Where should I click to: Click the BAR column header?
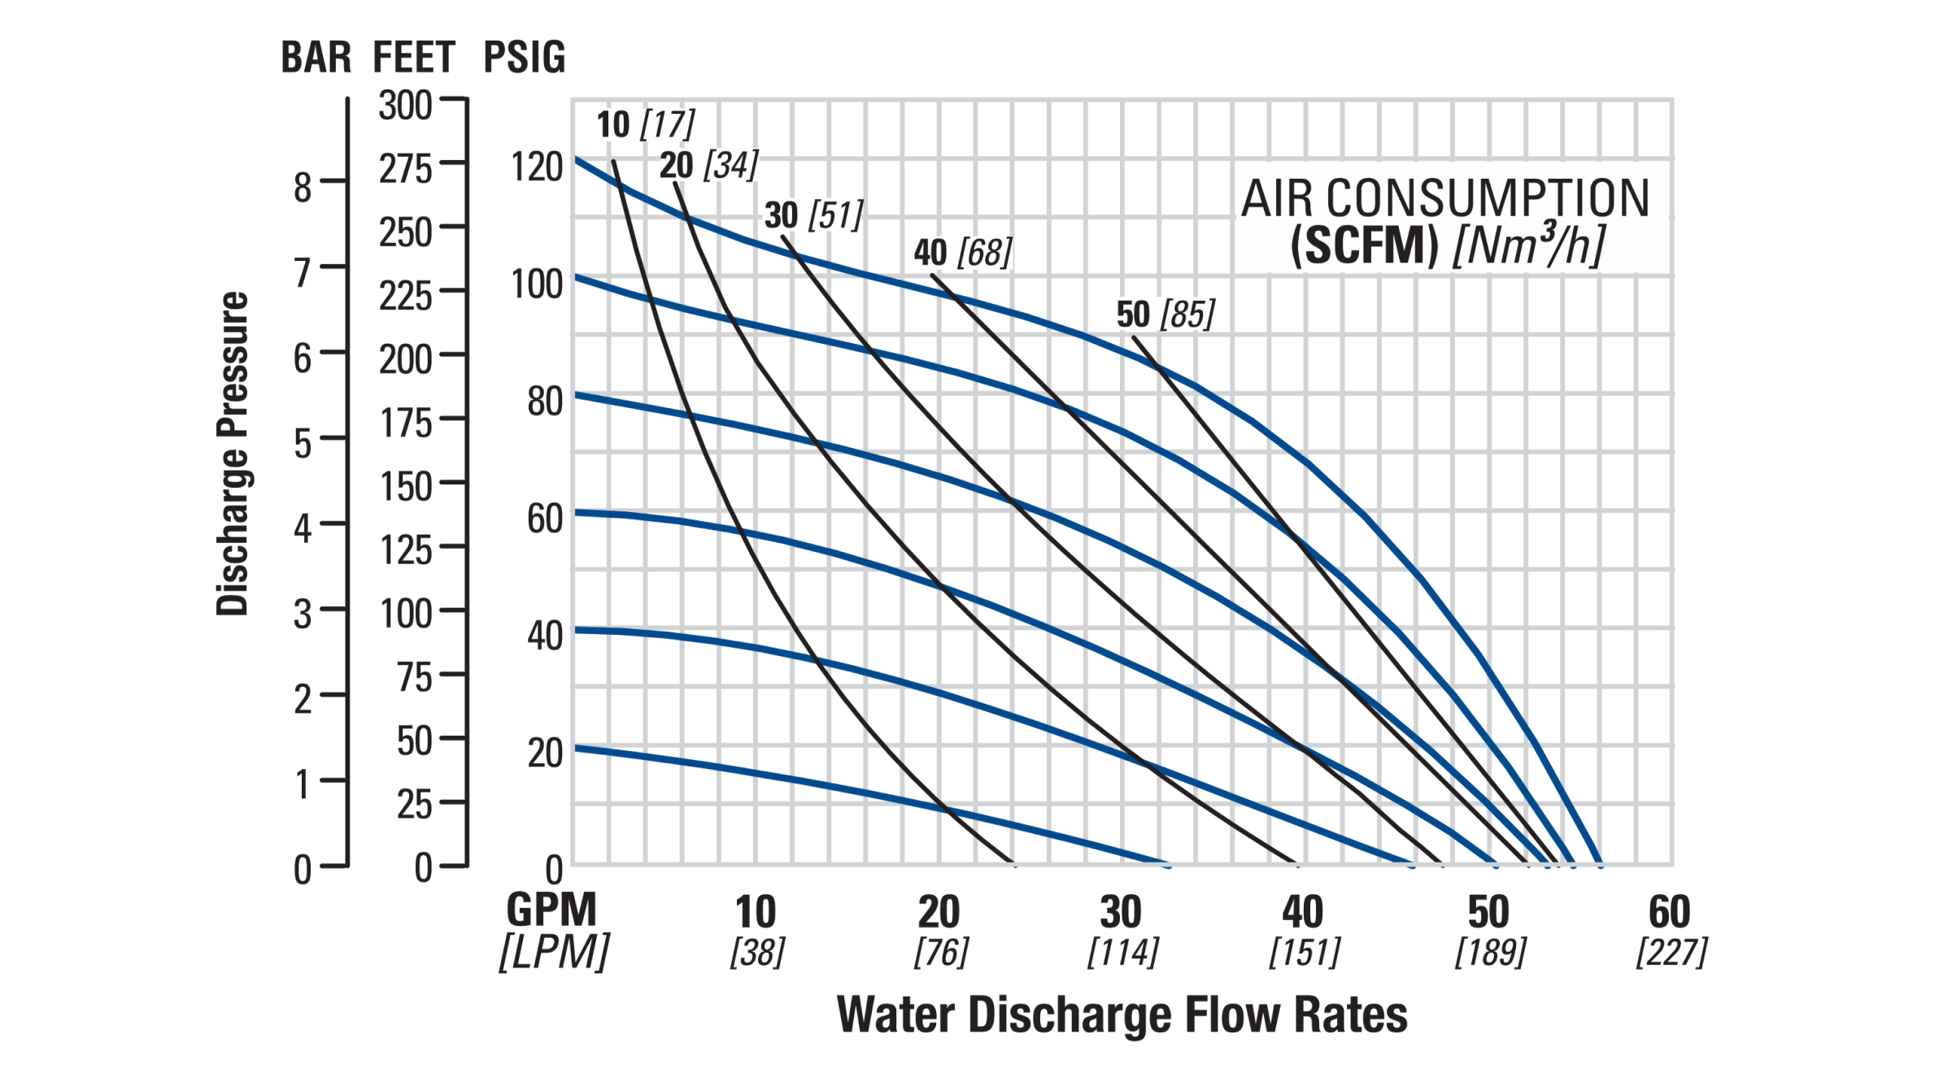coord(316,58)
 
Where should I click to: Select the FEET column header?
coord(414,58)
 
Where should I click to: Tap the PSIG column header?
coord(524,58)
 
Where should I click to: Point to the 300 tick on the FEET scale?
coord(405,106)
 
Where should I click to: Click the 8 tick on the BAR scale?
coord(303,188)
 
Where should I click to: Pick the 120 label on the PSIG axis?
coord(537,167)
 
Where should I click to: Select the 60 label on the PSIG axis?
coord(545,519)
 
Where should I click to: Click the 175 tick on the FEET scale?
coord(405,424)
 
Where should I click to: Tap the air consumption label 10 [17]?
coord(646,124)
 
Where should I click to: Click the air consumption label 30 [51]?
coord(813,215)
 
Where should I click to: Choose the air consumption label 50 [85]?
coord(1166,315)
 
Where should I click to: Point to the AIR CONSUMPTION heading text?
coord(1444,198)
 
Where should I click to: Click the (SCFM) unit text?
coord(1364,245)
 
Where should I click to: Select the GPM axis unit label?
coord(551,910)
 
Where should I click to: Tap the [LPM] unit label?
coord(554,952)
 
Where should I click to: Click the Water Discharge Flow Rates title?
coord(1122,1015)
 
